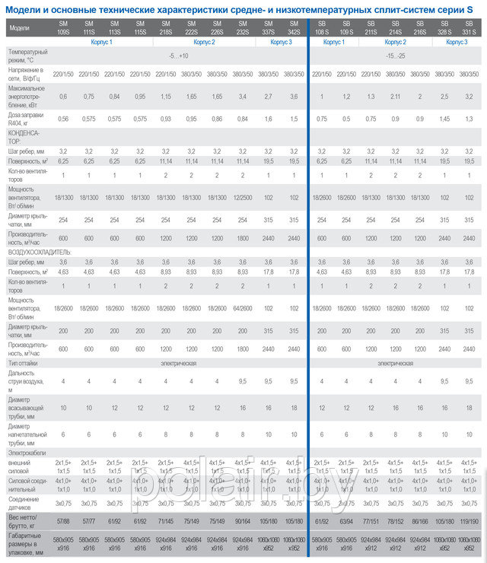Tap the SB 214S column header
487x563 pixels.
[395, 30]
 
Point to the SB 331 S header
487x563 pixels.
[469, 30]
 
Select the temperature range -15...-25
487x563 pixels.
[395, 57]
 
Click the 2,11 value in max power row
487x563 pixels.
[395, 97]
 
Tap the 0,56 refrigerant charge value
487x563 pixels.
[63, 119]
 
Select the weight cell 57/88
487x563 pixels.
[63, 523]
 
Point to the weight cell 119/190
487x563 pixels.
[469, 523]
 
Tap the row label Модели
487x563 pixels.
[20, 28]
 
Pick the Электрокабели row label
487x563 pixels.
[28, 451]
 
